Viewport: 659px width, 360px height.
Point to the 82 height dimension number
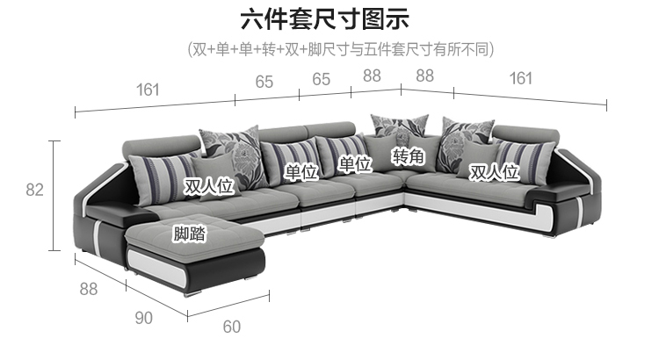point(34,190)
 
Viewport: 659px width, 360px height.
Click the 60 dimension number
point(231,328)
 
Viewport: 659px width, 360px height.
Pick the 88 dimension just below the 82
point(88,287)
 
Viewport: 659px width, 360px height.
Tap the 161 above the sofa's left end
point(148,88)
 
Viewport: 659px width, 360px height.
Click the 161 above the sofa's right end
point(520,78)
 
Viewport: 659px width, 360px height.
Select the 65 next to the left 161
point(264,82)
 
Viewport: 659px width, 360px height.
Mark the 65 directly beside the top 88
point(322,79)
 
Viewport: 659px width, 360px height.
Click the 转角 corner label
point(409,156)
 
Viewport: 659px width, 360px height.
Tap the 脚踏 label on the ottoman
point(189,234)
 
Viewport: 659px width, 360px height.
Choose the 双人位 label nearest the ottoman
point(207,185)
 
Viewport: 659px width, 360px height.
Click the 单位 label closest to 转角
point(354,164)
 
